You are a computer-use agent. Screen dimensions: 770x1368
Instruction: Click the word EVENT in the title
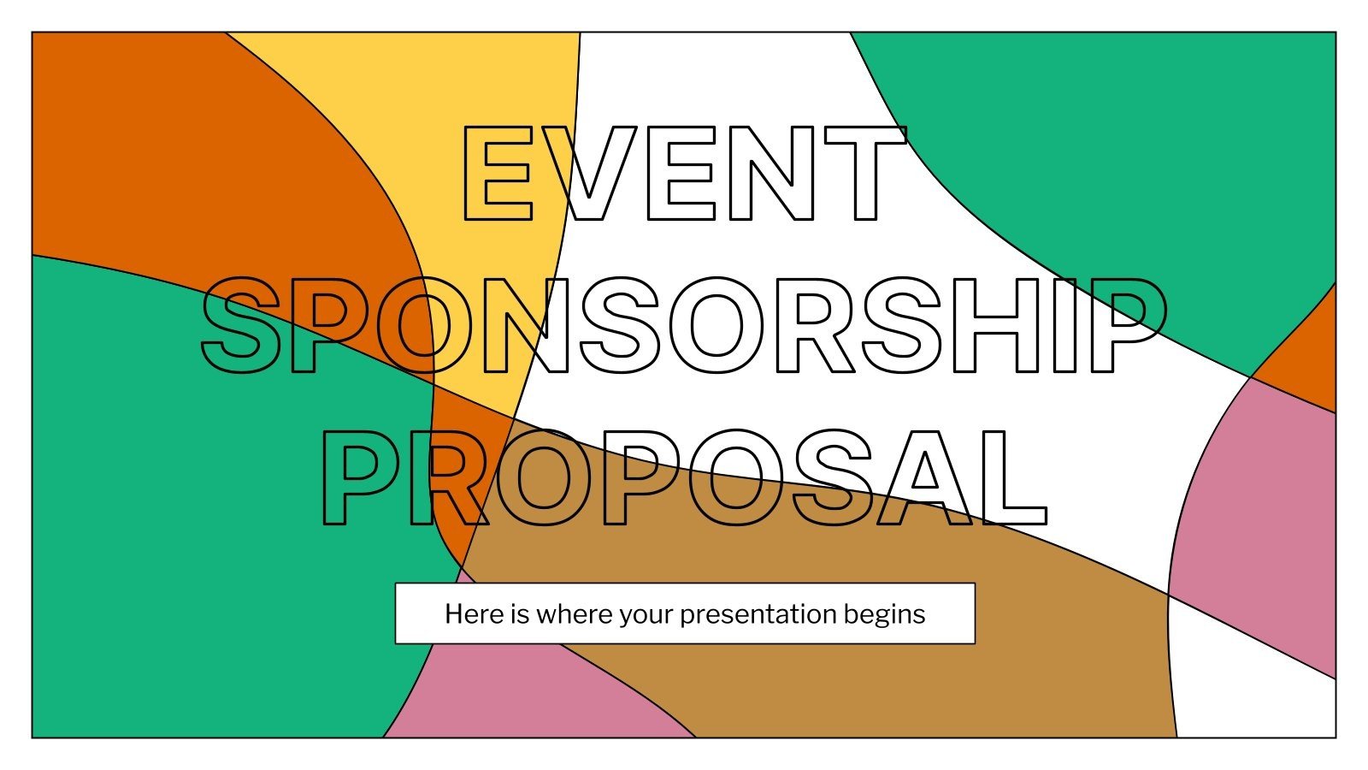click(x=683, y=174)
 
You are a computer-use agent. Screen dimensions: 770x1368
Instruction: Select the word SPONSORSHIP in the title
click(x=683, y=326)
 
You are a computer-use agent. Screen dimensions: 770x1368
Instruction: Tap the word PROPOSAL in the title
click(x=683, y=477)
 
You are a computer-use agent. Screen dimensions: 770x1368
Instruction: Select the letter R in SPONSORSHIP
click(x=813, y=326)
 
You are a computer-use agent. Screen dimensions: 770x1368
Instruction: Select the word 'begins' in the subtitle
click(x=884, y=614)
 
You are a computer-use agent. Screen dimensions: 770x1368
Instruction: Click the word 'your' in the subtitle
click(x=646, y=614)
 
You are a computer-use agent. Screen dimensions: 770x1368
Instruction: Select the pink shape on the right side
click(x=1257, y=513)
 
